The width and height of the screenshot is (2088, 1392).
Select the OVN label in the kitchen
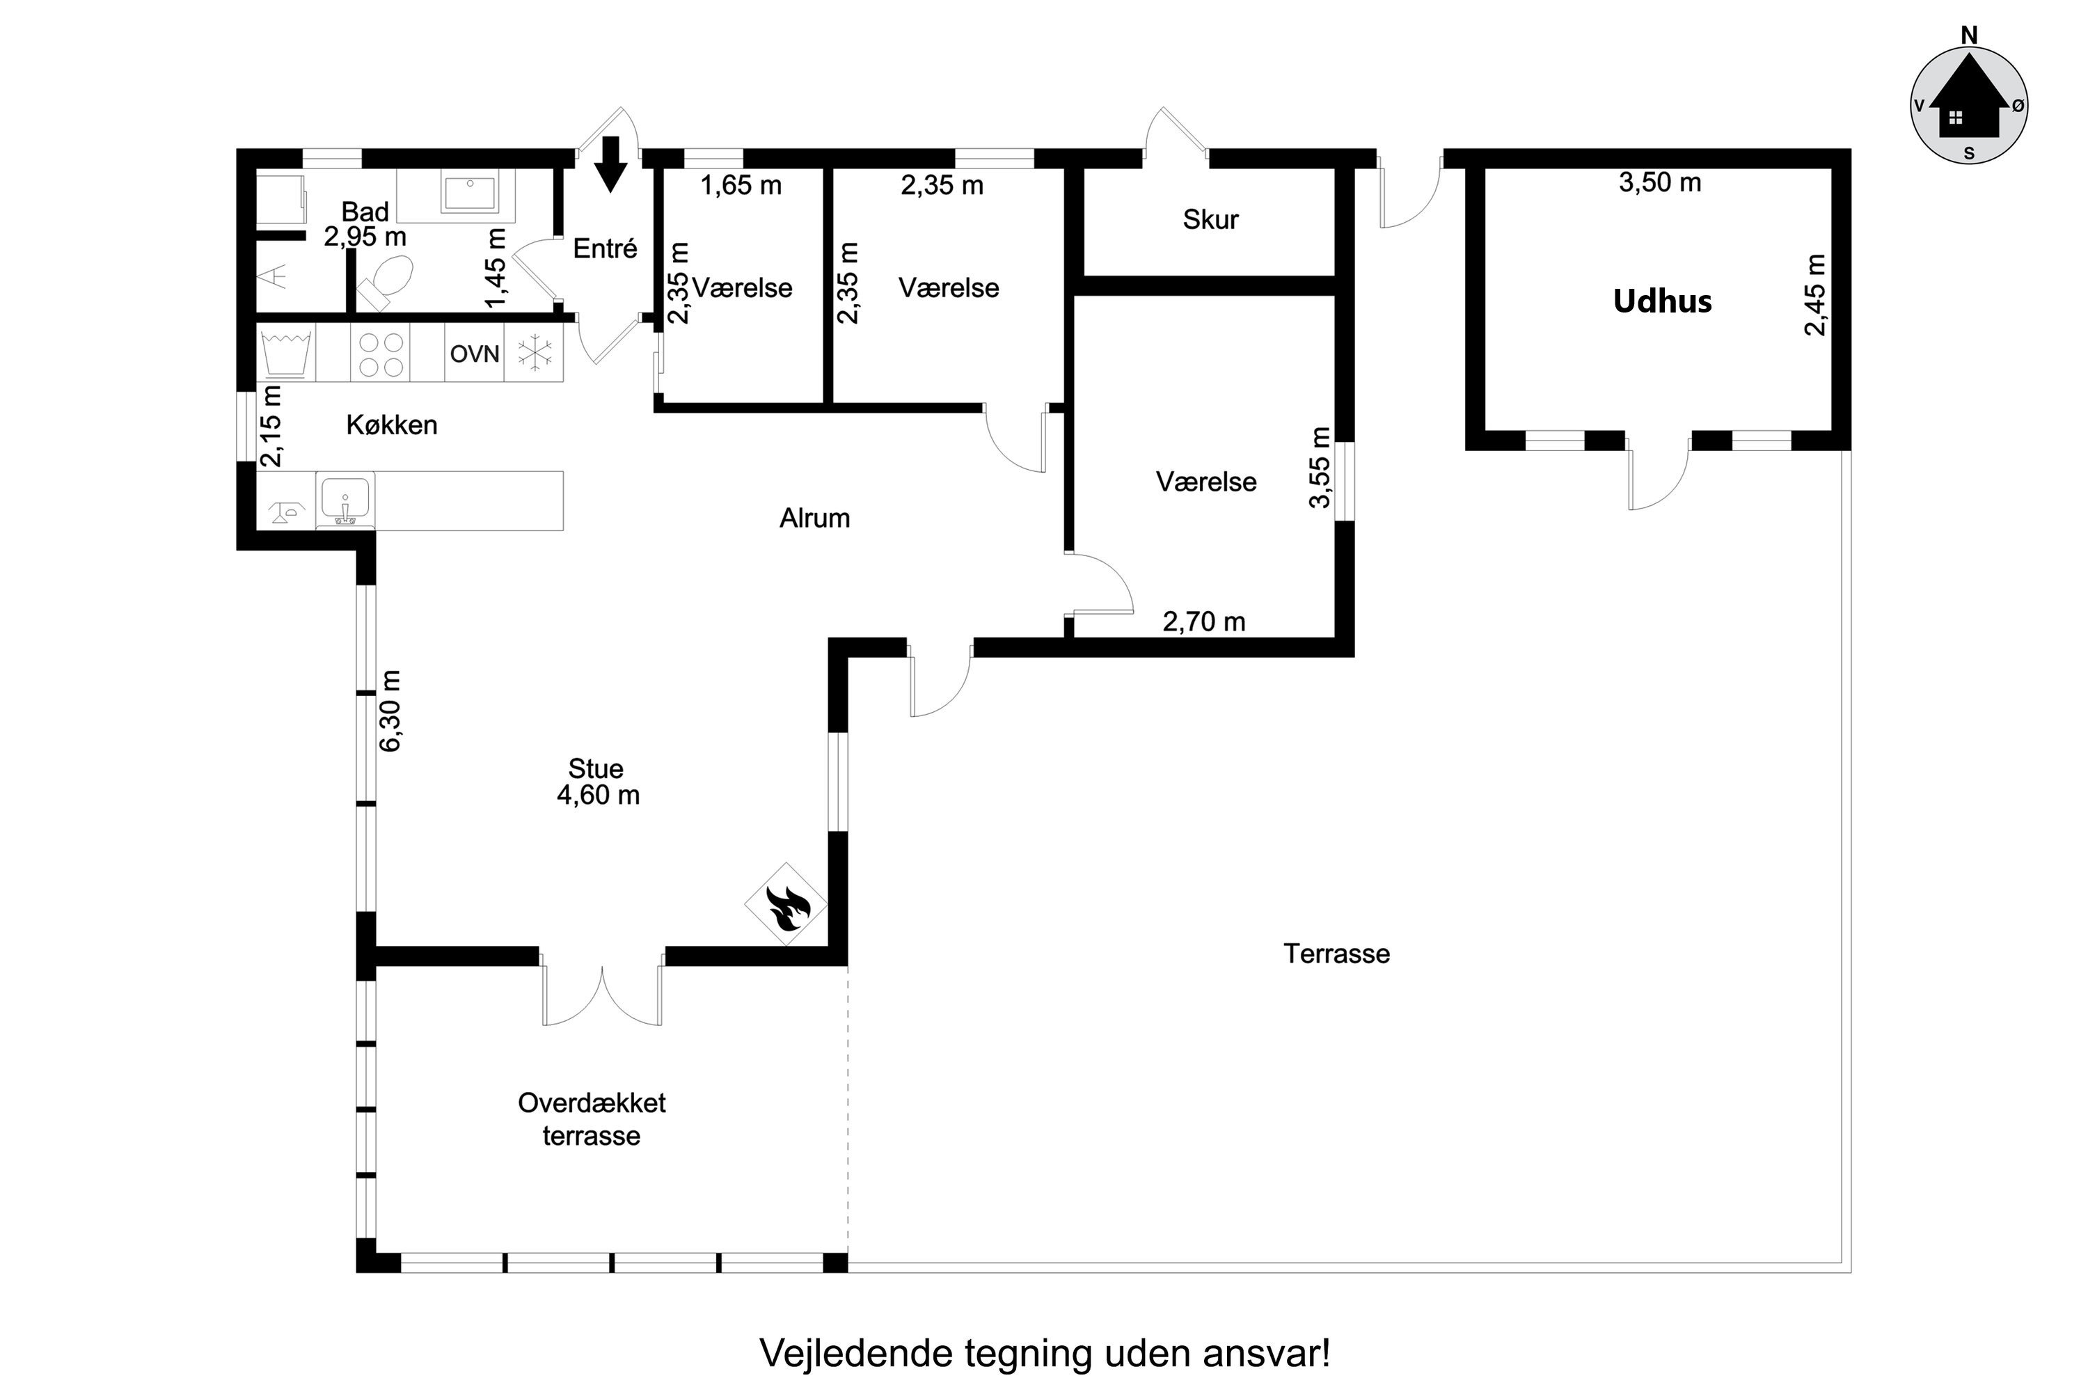[475, 354]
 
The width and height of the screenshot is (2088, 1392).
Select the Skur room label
[1210, 219]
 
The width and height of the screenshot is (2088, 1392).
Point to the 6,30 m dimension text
[390, 711]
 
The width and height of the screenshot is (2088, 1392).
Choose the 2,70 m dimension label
[1204, 622]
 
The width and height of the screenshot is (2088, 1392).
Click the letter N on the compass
[1969, 35]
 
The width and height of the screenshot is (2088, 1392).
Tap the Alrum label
[815, 518]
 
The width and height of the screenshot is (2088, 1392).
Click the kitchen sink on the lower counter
[345, 500]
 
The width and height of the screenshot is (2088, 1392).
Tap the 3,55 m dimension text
[1320, 468]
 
